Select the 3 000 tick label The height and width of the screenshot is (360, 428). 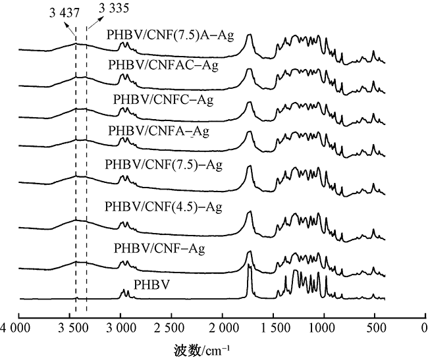[120, 326]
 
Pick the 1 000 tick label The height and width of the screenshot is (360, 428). [323, 326]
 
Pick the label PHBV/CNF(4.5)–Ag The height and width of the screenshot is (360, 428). [163, 207]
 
